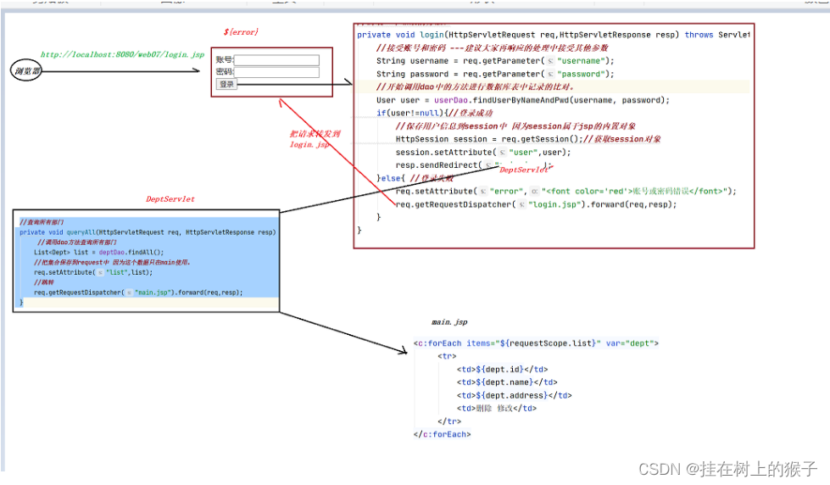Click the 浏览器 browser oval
pos(26,71)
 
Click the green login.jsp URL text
pos(122,55)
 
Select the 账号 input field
pos(276,60)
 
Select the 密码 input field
pos(276,72)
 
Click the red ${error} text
pos(241,31)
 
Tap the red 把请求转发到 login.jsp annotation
pos(315,139)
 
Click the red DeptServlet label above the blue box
pos(170,199)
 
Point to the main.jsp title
pos(449,322)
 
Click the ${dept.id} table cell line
pos(502,370)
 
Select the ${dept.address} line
pos(514,395)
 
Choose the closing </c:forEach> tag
pos(442,434)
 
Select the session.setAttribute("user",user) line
pos(482,152)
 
